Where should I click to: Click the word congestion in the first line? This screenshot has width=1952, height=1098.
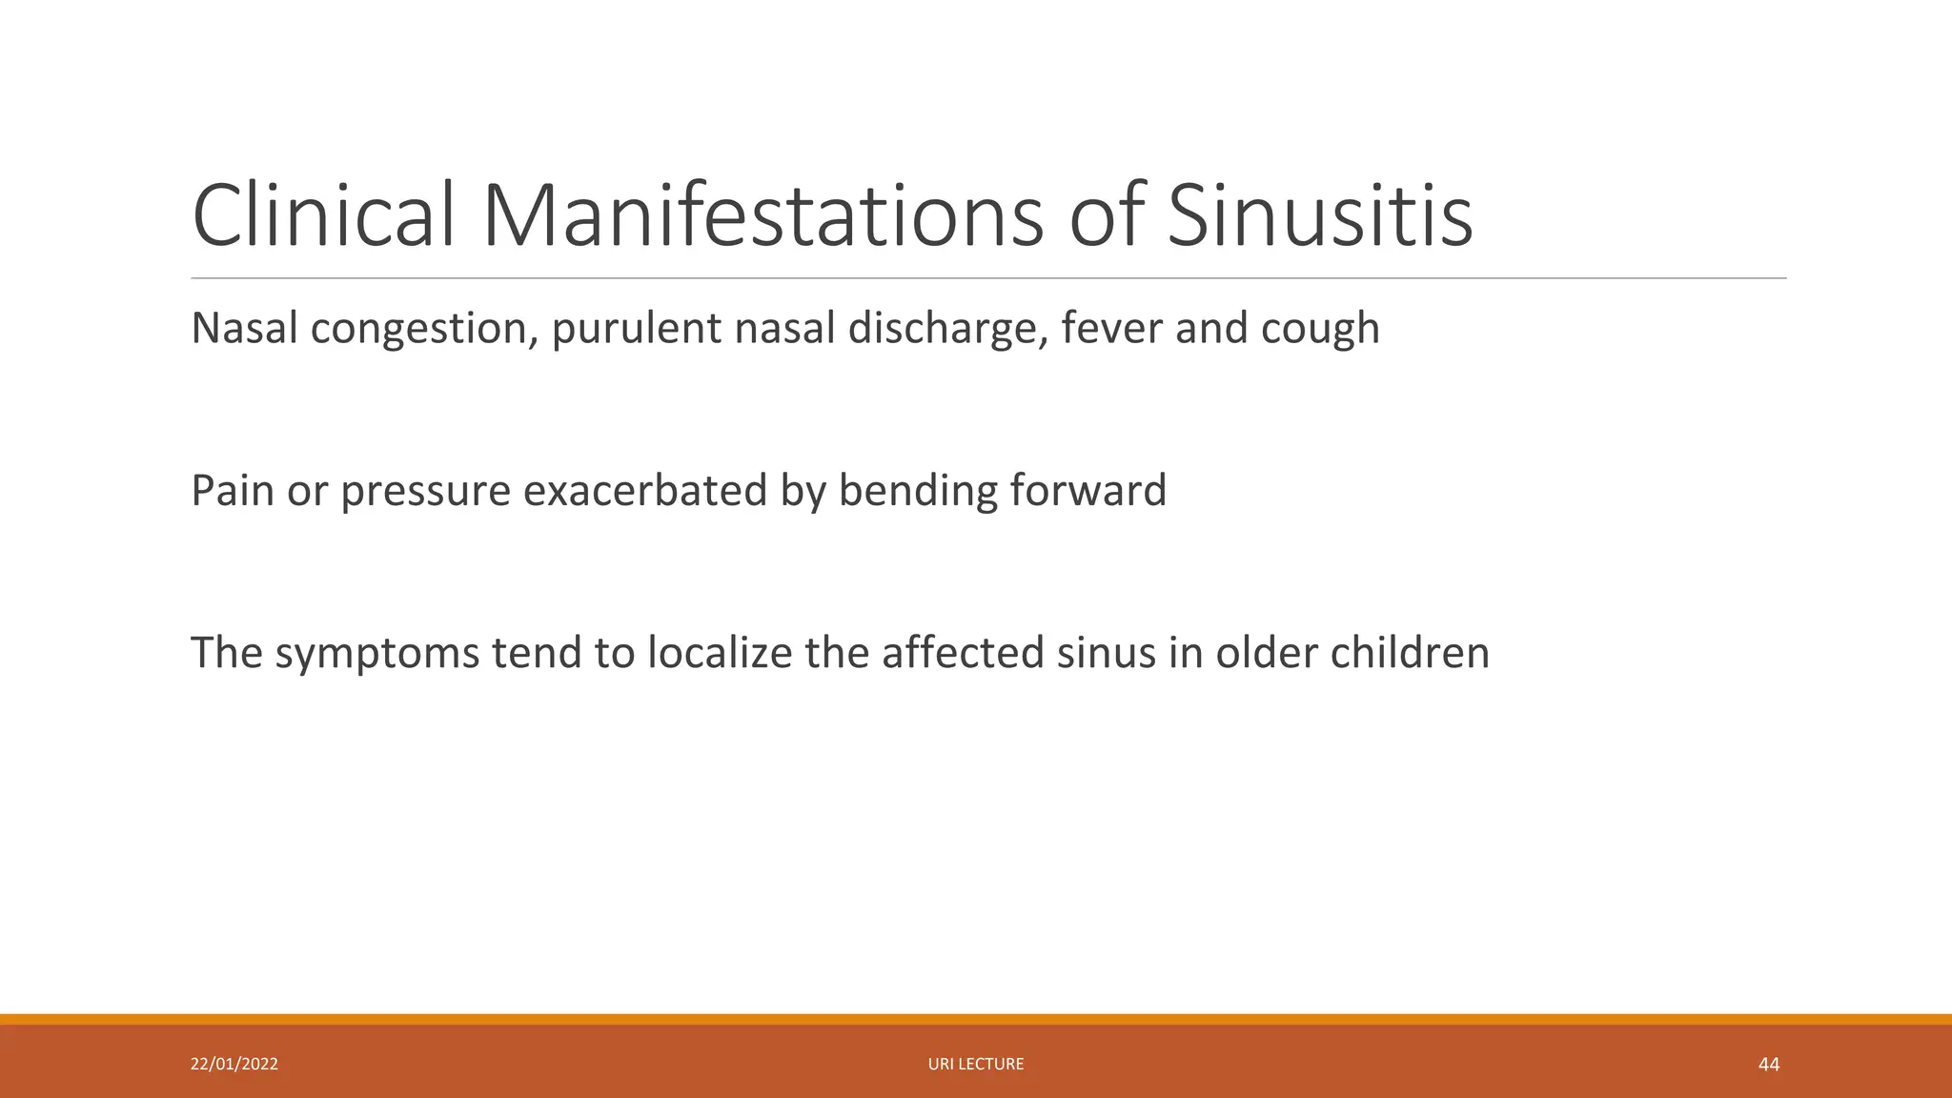[418, 329]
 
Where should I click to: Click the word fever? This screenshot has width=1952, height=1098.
[1111, 328]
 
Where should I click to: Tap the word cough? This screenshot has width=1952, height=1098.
[1320, 330]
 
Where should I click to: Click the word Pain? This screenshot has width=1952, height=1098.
[232, 490]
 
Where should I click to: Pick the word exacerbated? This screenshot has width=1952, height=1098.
[645, 490]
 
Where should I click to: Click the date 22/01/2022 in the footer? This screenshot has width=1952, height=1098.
[234, 1064]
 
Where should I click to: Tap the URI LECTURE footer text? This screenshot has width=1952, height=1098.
[976, 1064]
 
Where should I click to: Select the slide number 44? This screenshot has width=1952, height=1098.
[1768, 1064]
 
